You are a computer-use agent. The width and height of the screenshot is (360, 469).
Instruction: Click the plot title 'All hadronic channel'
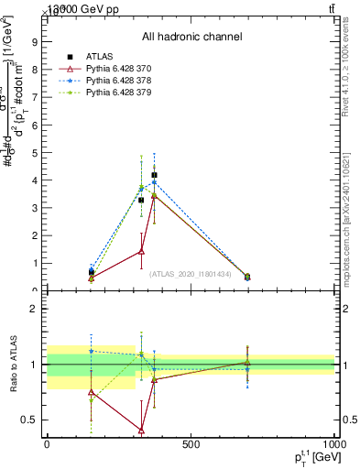[191, 38]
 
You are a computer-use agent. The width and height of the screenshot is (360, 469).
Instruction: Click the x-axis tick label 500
[191, 445]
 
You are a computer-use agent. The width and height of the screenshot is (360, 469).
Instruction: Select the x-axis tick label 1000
[334, 445]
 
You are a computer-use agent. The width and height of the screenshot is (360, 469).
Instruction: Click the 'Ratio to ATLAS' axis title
[13, 364]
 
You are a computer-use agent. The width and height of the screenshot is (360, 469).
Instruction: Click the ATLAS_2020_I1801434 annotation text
[190, 274]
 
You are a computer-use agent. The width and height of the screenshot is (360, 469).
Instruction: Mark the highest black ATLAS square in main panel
[154, 174]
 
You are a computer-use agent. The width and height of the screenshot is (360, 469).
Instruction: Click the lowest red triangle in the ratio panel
[141, 430]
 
